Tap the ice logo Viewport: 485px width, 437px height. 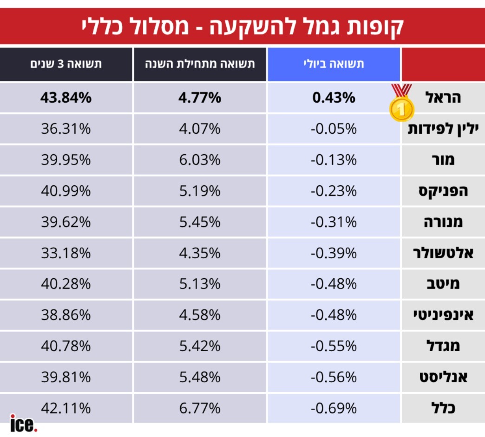coord(24,424)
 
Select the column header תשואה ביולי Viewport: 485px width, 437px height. coord(334,64)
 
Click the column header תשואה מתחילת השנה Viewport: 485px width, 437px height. coord(200,64)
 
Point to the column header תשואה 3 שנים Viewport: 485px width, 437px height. coord(66,64)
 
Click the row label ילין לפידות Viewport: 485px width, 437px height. coord(443,129)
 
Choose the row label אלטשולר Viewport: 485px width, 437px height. coord(443,253)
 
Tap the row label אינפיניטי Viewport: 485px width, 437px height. coord(443,315)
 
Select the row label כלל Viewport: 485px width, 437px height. coord(443,408)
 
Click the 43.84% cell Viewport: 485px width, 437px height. coord(66,98)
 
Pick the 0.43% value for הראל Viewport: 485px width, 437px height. coord(334,98)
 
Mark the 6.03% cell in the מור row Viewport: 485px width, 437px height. coord(200,160)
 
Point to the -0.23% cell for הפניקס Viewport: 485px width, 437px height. coord(334,191)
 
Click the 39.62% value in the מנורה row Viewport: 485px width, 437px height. coord(66,222)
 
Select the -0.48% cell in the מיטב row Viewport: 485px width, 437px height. coord(334,284)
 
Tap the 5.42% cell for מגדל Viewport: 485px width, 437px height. coord(200,346)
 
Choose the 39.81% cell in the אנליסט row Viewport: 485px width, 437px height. coord(66,377)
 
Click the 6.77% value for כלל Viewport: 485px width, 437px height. coord(200,408)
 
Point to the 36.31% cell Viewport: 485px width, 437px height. coord(66,129)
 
